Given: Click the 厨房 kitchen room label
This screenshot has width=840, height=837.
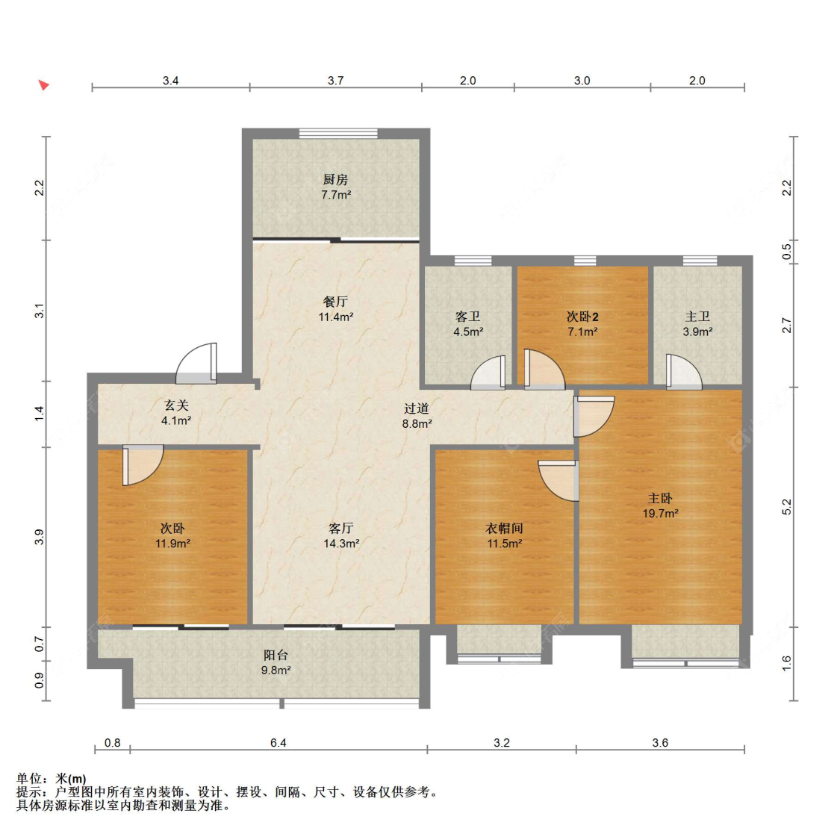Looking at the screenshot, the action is pyautogui.click(x=335, y=179).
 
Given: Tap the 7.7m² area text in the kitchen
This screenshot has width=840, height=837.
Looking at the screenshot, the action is pyautogui.click(x=336, y=195).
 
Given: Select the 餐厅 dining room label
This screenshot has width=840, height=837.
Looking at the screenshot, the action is pyautogui.click(x=335, y=302).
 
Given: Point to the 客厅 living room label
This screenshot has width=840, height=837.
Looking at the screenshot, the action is pyautogui.click(x=341, y=529).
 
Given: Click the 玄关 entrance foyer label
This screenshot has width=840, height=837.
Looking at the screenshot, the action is pyautogui.click(x=176, y=405).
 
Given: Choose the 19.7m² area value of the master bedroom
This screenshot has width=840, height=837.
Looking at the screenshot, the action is pyautogui.click(x=661, y=514).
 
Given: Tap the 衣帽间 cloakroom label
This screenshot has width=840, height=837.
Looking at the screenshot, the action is pyautogui.click(x=504, y=529).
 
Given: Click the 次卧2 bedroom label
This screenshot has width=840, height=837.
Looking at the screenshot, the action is pyautogui.click(x=582, y=317).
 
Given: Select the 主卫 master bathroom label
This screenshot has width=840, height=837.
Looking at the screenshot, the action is pyautogui.click(x=697, y=317).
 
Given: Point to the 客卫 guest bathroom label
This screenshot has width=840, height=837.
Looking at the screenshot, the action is pyautogui.click(x=467, y=317).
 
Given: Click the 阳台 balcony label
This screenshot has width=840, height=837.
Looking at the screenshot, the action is pyautogui.click(x=276, y=655).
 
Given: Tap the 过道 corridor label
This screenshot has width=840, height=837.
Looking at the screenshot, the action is pyautogui.click(x=417, y=408).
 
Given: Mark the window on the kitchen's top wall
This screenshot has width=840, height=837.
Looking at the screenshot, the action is pyautogui.click(x=338, y=134).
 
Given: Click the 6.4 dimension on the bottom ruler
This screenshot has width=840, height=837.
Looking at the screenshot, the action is pyautogui.click(x=278, y=743).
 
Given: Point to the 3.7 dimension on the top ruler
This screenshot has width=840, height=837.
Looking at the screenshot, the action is pyautogui.click(x=335, y=81).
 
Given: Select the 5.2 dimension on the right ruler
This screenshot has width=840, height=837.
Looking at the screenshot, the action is pyautogui.click(x=786, y=507).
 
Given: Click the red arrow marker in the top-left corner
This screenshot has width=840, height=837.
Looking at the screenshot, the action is pyautogui.click(x=44, y=84).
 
